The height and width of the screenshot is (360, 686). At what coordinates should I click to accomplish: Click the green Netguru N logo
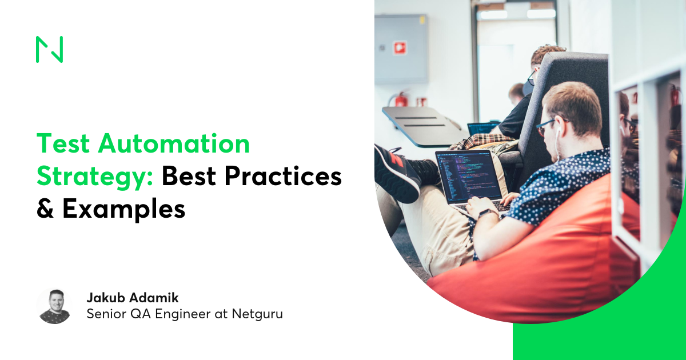click(49, 49)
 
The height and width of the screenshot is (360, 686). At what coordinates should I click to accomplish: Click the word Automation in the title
click(174, 143)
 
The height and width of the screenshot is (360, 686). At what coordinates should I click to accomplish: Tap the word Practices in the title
click(283, 176)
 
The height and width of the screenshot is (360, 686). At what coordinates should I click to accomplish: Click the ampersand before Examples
click(45, 208)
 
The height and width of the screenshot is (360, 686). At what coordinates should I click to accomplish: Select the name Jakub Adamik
click(133, 298)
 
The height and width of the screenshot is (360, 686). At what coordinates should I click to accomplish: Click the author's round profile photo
click(54, 306)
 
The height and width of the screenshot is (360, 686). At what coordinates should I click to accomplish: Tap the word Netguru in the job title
click(257, 314)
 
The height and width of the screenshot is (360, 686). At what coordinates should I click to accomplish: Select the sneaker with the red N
click(397, 174)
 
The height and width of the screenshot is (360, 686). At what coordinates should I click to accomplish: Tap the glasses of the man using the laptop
click(546, 127)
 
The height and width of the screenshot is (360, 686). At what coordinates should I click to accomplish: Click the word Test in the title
click(63, 143)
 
